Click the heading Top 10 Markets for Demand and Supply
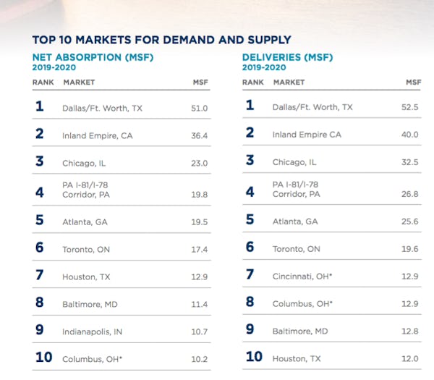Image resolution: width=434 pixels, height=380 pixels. pyautogui.click(x=161, y=40)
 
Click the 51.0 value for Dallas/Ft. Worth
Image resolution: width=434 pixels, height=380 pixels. pyautogui.click(x=198, y=107)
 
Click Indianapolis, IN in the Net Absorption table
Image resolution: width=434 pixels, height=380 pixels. pyautogui.click(x=93, y=332)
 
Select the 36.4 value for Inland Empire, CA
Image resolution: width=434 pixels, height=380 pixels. pyautogui.click(x=198, y=135)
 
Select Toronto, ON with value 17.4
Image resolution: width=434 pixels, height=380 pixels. pyautogui.click(x=86, y=248)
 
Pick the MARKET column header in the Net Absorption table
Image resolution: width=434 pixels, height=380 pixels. pyautogui.click(x=79, y=83)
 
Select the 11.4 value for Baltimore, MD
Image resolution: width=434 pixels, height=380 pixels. pyautogui.click(x=198, y=304)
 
